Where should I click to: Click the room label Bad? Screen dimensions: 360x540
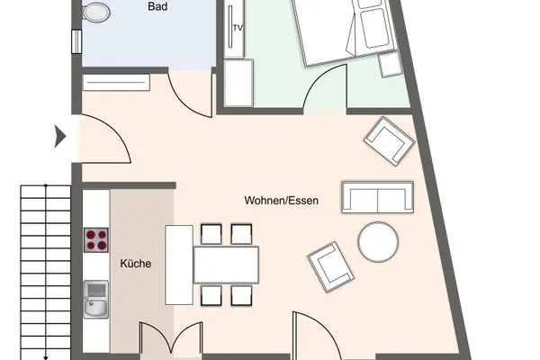click(158, 5)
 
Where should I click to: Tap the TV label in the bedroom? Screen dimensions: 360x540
click(238, 28)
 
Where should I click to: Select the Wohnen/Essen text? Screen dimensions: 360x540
click(281, 200)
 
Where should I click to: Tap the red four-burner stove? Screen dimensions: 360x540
click(96, 239)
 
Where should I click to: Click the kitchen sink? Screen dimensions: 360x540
click(96, 299)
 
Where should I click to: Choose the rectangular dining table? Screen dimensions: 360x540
click(226, 265)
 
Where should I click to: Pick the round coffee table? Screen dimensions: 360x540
click(378, 242)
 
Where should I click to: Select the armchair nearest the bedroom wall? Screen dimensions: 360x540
click(389, 140)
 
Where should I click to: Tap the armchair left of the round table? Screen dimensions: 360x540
click(330, 265)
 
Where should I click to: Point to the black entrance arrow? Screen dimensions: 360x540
click(61, 137)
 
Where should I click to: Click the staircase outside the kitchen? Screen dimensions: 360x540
click(45, 270)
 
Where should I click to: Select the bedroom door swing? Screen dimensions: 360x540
click(328, 90)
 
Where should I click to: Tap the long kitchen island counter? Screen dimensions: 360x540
click(178, 265)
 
